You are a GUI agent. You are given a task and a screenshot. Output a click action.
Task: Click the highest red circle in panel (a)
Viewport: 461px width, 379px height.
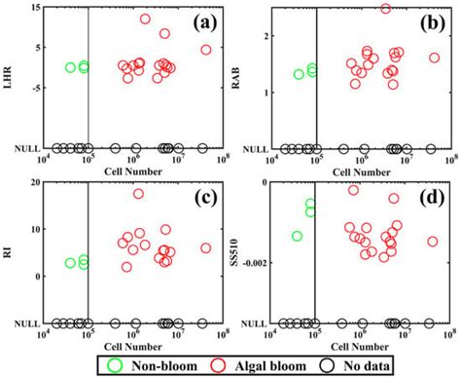tap(145, 19)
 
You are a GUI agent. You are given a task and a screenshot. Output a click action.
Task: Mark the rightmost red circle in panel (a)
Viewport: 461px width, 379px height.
tap(206, 50)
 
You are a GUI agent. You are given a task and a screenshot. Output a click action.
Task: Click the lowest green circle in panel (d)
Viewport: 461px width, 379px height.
tap(297, 236)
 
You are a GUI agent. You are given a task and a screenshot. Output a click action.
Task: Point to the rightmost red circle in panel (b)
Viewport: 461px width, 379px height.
tap(434, 57)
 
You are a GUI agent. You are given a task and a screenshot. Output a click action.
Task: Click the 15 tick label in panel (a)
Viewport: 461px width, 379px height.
tap(33, 8)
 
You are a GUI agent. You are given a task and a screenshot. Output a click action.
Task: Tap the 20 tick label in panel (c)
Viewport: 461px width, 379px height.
tap(33, 183)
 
